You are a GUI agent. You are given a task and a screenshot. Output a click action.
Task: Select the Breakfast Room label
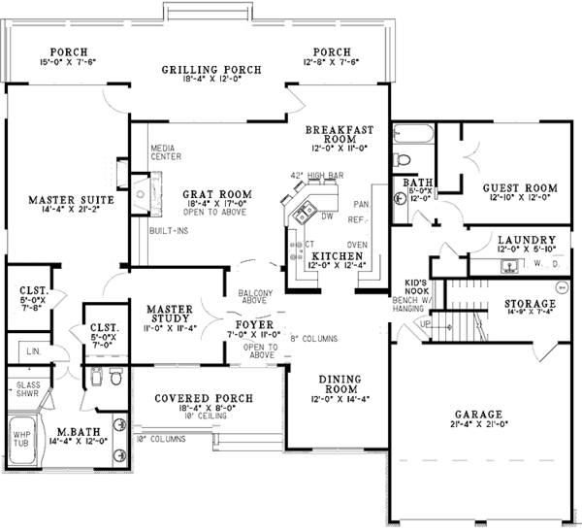coord(335,136)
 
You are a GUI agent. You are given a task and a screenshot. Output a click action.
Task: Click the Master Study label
coord(171,311)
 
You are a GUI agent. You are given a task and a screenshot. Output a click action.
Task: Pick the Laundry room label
coord(526,240)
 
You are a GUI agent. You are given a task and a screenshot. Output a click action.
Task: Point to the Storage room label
coord(530,305)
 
